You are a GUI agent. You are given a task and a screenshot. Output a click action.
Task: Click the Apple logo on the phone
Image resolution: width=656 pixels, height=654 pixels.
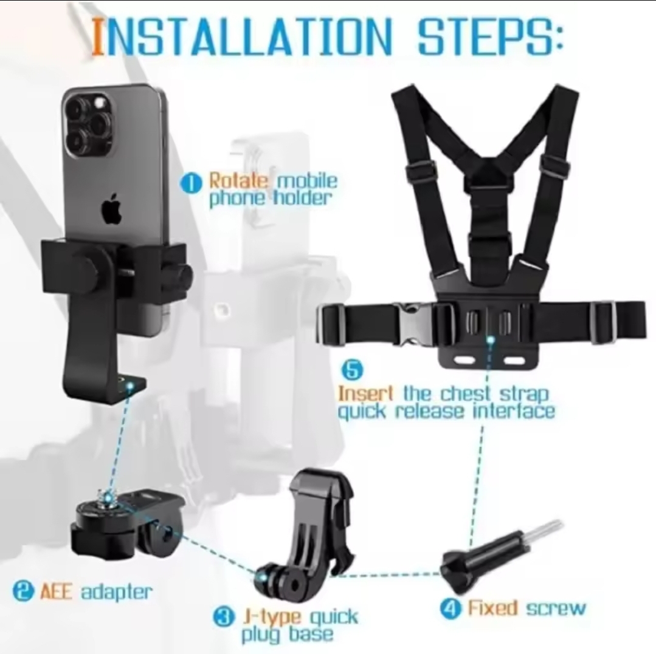tap(112, 208)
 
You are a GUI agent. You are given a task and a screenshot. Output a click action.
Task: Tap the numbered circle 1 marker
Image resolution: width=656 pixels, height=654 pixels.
tap(190, 184)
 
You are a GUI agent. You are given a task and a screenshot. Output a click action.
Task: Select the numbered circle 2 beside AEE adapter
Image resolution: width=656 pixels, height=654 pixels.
tap(23, 591)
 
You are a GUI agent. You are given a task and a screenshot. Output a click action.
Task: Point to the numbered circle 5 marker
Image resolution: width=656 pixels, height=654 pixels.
tap(353, 370)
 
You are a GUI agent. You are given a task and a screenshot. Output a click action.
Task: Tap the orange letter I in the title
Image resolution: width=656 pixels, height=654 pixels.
tap(97, 37)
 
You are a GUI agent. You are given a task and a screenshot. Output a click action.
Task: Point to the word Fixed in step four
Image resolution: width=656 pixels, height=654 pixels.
tap(492, 608)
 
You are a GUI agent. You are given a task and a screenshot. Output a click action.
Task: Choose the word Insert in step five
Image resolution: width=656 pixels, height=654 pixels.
tap(365, 393)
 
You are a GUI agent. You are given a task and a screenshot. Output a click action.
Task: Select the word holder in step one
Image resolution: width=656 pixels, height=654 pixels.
tap(303, 198)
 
